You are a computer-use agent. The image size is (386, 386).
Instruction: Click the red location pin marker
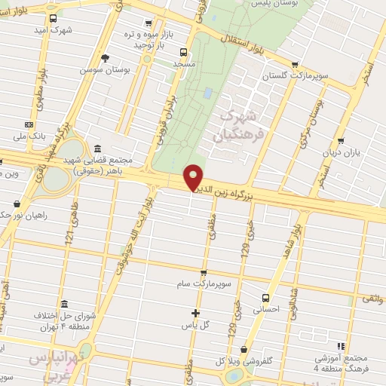tap(193, 177)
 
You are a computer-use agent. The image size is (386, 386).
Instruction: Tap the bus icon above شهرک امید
tap(52, 20)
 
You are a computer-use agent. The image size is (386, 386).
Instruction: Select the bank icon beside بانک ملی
tap(29, 124)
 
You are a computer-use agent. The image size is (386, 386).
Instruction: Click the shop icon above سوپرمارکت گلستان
tap(295, 65)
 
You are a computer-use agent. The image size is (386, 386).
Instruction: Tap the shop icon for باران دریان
tap(342, 141)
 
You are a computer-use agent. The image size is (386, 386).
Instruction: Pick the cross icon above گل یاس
tap(195, 313)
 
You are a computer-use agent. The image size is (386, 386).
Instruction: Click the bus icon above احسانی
tap(265, 297)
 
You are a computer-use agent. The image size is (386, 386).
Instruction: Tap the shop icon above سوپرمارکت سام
tap(203, 273)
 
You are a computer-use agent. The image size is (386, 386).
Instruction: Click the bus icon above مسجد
tap(183, 53)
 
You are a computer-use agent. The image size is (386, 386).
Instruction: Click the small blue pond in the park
tap(207, 93)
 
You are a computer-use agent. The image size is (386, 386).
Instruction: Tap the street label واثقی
tap(372, 299)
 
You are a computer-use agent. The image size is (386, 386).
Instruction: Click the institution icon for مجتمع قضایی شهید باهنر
tap(97, 149)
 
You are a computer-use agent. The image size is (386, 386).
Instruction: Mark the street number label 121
tap(69, 236)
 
